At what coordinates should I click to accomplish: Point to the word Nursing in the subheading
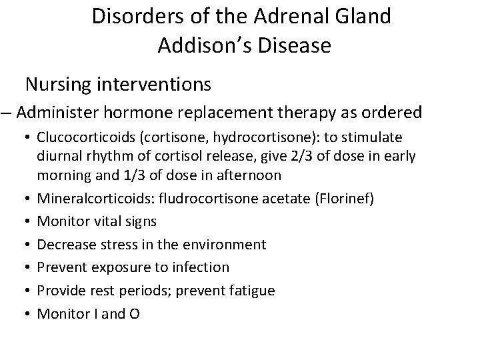click(x=59, y=85)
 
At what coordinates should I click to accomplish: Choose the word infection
click(x=202, y=267)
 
